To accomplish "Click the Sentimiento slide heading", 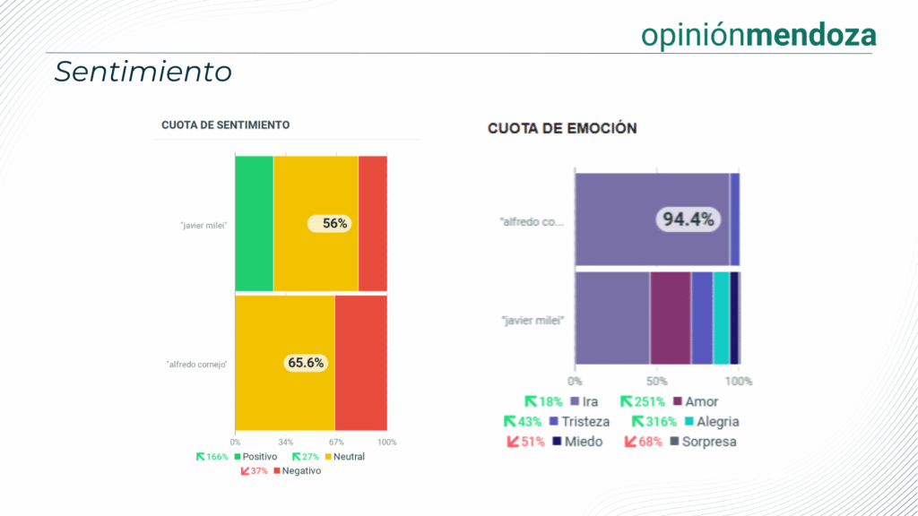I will [143, 72].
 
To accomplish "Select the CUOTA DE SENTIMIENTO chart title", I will [225, 125].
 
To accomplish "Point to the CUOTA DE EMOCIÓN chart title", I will [562, 128].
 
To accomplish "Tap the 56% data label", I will [330, 224].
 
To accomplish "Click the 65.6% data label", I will [306, 363].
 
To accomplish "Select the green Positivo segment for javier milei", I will [254, 223].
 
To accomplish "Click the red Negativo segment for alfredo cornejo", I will [361, 363].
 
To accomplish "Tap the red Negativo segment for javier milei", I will [373, 223].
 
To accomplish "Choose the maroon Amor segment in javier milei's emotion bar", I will [671, 318].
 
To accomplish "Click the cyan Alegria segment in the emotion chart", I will [722, 318].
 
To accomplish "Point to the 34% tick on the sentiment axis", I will [285, 442].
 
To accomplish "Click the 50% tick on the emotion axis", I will [657, 381].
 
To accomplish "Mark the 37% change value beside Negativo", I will [258, 471].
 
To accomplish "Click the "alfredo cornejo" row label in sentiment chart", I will [196, 365].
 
